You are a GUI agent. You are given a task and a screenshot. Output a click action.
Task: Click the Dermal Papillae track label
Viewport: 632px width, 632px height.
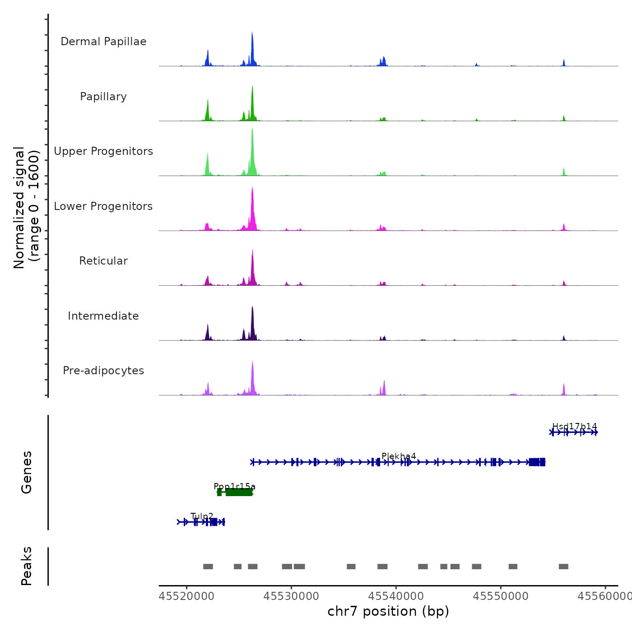[103, 42]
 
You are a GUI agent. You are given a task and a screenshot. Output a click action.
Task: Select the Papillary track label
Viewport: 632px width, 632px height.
[103, 97]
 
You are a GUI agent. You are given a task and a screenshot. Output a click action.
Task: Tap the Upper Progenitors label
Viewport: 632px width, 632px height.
[103, 151]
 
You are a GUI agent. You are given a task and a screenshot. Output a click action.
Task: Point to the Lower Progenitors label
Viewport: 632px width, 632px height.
[103, 206]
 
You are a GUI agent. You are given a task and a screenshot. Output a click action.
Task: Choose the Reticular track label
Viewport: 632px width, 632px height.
[103, 261]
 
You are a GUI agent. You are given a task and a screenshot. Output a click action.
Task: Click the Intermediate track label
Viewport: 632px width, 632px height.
[103, 316]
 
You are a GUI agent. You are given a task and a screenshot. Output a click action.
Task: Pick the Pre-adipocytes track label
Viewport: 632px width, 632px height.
[103, 371]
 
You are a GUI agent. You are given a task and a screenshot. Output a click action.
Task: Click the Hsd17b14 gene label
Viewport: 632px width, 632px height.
[574, 426]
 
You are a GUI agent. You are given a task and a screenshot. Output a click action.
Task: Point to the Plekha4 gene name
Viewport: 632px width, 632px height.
[399, 456]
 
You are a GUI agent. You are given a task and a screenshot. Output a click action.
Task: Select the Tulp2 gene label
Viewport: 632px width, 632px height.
[202, 516]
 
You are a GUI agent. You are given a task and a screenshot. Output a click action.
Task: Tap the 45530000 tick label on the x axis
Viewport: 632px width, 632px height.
[291, 596]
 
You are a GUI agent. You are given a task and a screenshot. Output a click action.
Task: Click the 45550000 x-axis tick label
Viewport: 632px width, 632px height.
[501, 596]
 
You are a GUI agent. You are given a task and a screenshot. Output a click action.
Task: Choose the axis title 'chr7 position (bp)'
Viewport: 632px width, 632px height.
[388, 611]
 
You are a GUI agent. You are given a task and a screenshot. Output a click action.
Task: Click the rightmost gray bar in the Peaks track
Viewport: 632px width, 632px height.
[563, 567]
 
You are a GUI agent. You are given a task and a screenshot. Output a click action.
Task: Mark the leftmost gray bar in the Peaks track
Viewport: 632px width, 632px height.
[208, 567]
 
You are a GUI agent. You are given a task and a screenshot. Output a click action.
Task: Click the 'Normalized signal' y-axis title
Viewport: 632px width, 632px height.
[19, 208]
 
